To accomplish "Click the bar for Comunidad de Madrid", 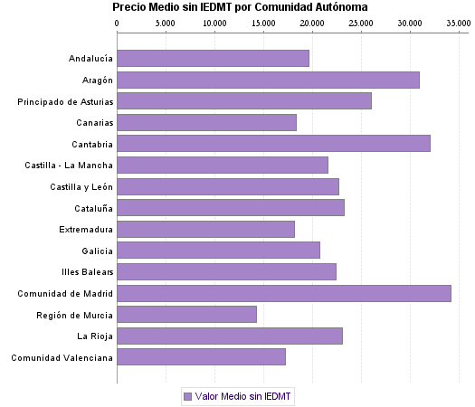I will (x=284, y=293).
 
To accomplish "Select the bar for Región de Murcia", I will (x=187, y=315).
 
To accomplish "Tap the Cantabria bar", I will (x=274, y=144).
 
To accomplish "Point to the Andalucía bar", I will (x=214, y=59).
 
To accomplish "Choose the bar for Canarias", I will (x=207, y=123).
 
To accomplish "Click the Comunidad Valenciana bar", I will (x=202, y=357).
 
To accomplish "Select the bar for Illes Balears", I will (x=227, y=272).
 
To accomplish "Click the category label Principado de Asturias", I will (x=65, y=101).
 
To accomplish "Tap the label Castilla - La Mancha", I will (x=69, y=166).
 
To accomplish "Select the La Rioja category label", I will (x=95, y=336).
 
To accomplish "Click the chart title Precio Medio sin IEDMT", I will (x=240, y=7).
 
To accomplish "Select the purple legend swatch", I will (x=187, y=396).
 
